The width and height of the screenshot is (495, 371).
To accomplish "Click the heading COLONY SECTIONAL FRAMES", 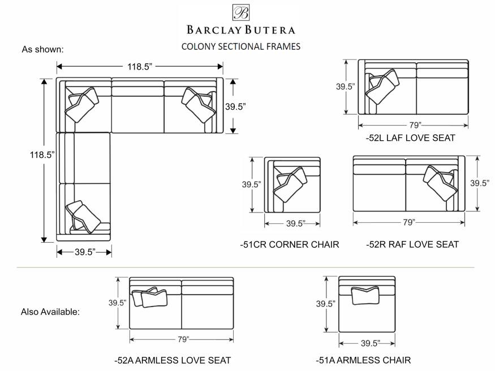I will (240, 46).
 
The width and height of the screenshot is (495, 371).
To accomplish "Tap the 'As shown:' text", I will (42, 49).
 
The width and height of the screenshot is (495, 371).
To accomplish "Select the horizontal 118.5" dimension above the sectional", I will (140, 67).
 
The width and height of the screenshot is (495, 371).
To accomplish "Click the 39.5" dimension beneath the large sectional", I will (84, 252).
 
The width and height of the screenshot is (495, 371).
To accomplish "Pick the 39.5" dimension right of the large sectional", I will (236, 106).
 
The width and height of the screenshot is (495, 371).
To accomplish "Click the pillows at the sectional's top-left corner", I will (82, 105).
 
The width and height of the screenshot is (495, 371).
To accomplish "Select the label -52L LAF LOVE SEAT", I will (410, 137).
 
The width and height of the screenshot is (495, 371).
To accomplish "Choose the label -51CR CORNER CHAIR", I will (290, 244).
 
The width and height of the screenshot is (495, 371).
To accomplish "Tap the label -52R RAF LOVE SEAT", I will (412, 244).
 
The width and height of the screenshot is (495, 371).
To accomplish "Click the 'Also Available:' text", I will (50, 312).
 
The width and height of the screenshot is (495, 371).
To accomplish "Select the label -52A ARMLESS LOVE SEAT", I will (173, 360).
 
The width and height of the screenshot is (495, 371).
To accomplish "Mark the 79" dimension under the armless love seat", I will (182, 339).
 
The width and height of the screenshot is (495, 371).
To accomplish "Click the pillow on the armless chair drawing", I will (365, 296).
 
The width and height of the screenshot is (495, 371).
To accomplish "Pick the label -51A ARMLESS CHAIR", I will (363, 360).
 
